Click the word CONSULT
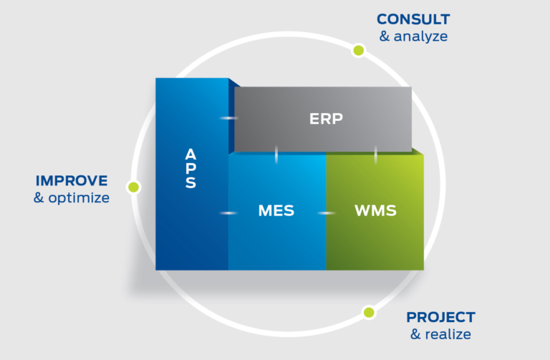coord(413,19)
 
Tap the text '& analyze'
coord(413,36)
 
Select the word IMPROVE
coord(72,180)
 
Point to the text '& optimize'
coord(72,198)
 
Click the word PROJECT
coord(440,317)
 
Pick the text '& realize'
coord(440,334)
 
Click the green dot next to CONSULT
coord(358,50)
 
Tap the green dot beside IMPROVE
coord(132,188)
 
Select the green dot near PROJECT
coord(369,312)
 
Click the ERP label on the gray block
coord(326,119)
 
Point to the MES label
coord(276,211)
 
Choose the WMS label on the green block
coord(375,211)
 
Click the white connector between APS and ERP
coord(228,118)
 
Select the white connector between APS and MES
coord(228,213)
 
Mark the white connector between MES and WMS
coord(327,213)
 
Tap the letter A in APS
coord(190,154)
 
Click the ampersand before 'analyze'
coord(385,36)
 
